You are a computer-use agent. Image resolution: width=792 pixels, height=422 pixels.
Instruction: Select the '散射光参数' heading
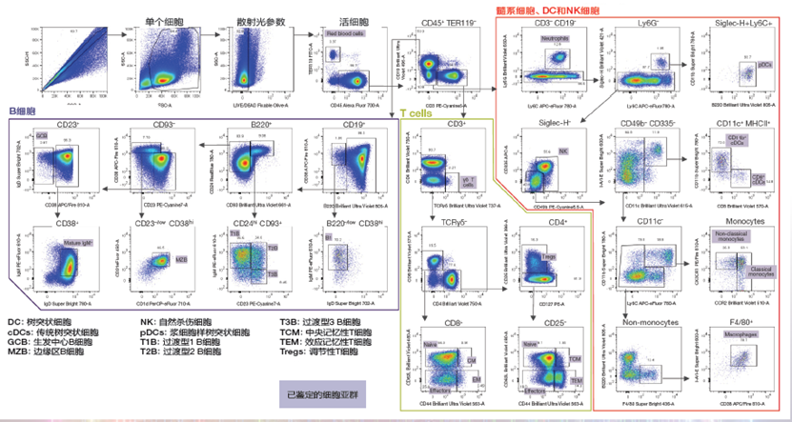242,20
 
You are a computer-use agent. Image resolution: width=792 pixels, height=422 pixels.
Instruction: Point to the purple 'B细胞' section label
22,111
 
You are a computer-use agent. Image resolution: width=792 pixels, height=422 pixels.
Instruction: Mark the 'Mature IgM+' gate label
79,246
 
